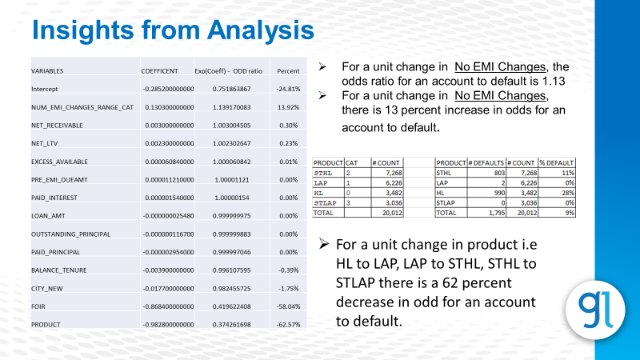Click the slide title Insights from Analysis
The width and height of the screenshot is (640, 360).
(x=172, y=30)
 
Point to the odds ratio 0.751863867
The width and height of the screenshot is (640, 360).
(x=226, y=89)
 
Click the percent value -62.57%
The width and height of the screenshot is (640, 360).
(x=286, y=325)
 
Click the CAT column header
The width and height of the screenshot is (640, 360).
(x=350, y=162)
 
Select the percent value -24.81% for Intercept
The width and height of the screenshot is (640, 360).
(x=287, y=89)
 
